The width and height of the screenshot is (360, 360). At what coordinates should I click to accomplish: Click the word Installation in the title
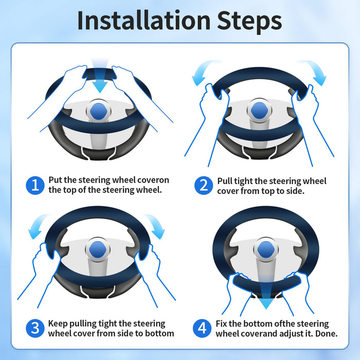144,21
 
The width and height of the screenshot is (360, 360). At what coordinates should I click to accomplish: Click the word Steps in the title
249,22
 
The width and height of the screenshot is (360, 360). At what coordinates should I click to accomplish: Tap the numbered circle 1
35,185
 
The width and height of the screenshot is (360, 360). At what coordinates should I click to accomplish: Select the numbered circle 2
204,186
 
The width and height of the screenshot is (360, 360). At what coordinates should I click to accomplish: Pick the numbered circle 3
35,328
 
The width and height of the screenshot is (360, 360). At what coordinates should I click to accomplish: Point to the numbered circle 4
202,328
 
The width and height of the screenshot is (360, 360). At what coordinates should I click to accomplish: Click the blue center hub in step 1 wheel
99,112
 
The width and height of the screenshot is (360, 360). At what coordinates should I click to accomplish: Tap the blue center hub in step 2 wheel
259,111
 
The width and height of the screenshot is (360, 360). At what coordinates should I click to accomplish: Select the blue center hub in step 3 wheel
98,249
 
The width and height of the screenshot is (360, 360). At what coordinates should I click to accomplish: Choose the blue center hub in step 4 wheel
266,249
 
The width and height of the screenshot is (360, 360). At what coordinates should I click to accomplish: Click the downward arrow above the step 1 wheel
100,76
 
